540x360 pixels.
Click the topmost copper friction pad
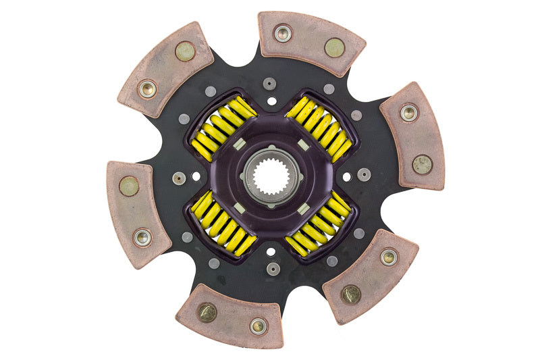pyautogui.click(x=310, y=43)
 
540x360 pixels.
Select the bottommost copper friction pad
pyautogui.click(x=230, y=316)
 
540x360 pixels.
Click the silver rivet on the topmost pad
pyautogui.click(x=283, y=33)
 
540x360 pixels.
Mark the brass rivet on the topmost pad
pyautogui.click(x=334, y=47)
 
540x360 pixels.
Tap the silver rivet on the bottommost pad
pyautogui.click(x=258, y=326)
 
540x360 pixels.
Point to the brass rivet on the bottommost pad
pyautogui.click(x=207, y=311)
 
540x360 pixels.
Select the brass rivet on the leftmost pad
pyautogui.click(x=129, y=186)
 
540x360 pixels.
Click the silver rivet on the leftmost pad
pyautogui.click(x=142, y=237)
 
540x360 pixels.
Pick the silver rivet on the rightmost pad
pyautogui.click(x=408, y=113)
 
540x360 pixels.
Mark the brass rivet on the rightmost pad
pyautogui.click(x=423, y=164)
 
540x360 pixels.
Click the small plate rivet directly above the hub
pyautogui.click(x=270, y=84)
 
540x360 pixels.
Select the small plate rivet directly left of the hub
pyautogui.click(x=179, y=178)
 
